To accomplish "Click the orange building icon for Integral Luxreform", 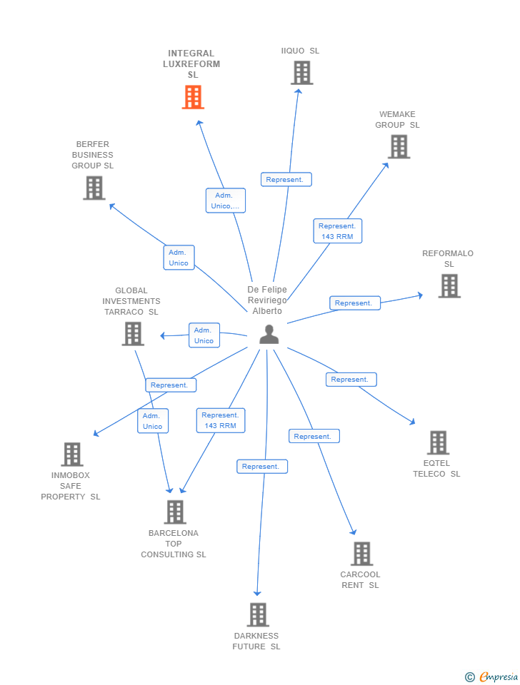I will click(193, 97).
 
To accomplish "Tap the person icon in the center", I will click(269, 334).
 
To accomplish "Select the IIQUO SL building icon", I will click(301, 73).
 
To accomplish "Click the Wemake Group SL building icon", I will click(399, 146).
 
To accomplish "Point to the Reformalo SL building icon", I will click(449, 285).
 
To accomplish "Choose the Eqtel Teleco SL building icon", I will click(438, 442).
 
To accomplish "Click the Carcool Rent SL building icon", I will click(361, 554).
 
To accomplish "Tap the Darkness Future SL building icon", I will click(257, 614).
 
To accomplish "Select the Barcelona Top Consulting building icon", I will click(175, 512).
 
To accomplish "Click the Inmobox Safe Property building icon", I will click(71, 454).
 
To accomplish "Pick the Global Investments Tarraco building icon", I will click(133, 333).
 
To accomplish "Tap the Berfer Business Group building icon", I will click(94, 188).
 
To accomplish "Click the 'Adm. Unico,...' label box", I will click(226, 201).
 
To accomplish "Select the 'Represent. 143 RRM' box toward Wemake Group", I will click(337, 231).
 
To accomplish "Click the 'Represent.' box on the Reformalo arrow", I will click(354, 303).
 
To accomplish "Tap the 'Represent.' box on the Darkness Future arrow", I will click(261, 467).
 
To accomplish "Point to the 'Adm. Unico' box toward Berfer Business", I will click(179, 258).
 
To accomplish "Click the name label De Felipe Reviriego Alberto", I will click(267, 300).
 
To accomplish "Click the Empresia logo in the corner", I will click(491, 676).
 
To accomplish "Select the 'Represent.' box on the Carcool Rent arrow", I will click(314, 436).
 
